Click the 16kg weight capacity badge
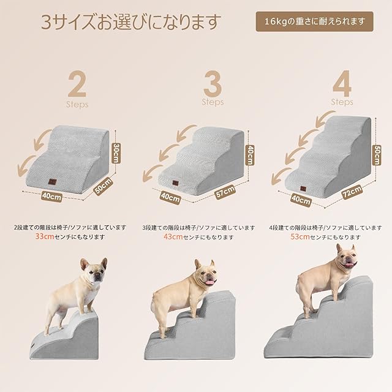(314, 21)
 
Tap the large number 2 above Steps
(77, 85)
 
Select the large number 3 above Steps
(213, 84)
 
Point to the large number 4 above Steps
(342, 83)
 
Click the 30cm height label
(116, 153)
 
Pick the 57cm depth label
(225, 192)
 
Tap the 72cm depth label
(352, 192)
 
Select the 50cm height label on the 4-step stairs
(377, 155)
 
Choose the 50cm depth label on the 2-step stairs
(104, 186)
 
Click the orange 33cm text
(45, 236)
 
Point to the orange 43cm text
(173, 236)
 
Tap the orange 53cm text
(300, 236)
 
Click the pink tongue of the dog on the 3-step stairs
(211, 282)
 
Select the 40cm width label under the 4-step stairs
(301, 200)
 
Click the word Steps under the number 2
(77, 104)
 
